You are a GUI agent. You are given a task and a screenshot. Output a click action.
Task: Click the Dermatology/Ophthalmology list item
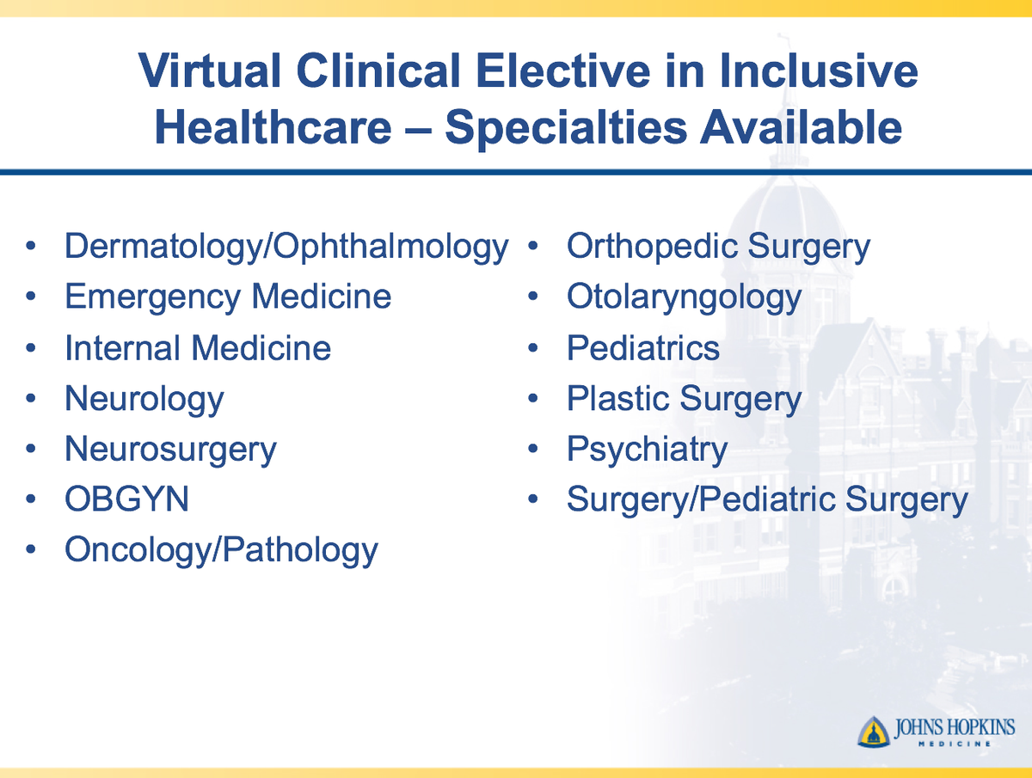tap(286, 248)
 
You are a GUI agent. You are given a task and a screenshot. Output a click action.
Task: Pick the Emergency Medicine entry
tap(228, 297)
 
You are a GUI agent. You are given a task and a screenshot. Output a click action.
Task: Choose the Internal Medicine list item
tap(198, 348)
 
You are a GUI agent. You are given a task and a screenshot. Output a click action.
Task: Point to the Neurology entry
tap(144, 399)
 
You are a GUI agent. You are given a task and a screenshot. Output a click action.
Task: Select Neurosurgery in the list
tap(170, 450)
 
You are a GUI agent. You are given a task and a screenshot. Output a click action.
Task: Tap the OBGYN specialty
tap(126, 499)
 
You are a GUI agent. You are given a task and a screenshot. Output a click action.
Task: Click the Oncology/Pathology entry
tap(221, 550)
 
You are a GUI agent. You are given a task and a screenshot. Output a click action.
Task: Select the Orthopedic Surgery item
tap(718, 248)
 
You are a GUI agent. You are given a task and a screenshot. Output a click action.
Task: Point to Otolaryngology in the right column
tap(684, 298)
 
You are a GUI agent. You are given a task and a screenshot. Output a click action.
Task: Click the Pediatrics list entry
tap(643, 348)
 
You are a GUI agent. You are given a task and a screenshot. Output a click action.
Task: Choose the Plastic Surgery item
tap(684, 399)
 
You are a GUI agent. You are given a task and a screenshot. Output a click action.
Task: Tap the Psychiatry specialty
tap(647, 450)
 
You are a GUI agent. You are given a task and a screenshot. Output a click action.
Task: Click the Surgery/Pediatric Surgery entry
tap(767, 499)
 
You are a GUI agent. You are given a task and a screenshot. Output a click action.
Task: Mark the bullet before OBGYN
tap(32, 500)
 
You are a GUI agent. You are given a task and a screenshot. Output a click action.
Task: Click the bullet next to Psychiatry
tap(534, 450)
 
